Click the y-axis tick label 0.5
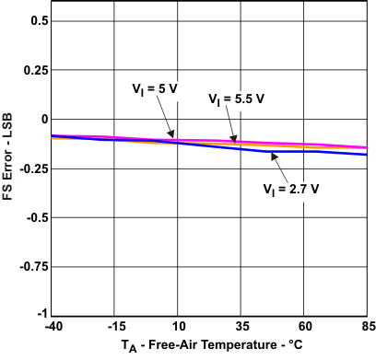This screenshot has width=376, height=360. pos(38,20)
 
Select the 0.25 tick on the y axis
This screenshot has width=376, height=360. pos(34,70)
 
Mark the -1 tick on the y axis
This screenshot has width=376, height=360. pos(42,315)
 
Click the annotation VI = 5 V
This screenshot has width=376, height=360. pos(155,90)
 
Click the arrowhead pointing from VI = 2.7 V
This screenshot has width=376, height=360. pos(272,156)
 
